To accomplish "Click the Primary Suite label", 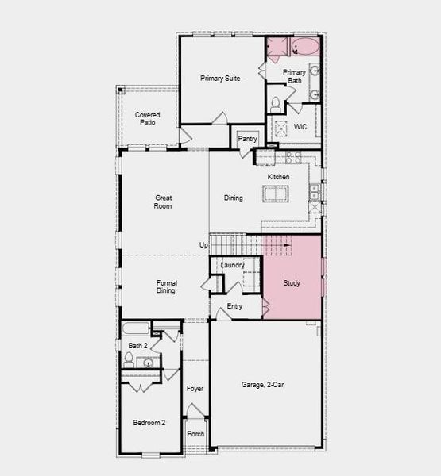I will click(220, 79).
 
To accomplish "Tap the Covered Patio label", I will click(147, 119).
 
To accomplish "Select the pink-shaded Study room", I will click(292, 278).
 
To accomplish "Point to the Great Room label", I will click(164, 202).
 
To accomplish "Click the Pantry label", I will click(248, 139).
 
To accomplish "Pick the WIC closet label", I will click(300, 127).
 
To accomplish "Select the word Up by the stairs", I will click(204, 245).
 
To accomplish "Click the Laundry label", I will click(232, 265).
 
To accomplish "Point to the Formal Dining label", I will click(167, 286).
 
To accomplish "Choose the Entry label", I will click(235, 306).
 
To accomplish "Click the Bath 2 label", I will click(137, 346).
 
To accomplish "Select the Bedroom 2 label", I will click(149, 423).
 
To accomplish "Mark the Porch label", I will click(195, 434).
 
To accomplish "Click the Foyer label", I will click(195, 389).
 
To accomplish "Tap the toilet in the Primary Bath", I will click(277, 103).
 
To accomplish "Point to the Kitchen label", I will click(278, 177).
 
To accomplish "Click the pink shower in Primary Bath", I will click(277, 48).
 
